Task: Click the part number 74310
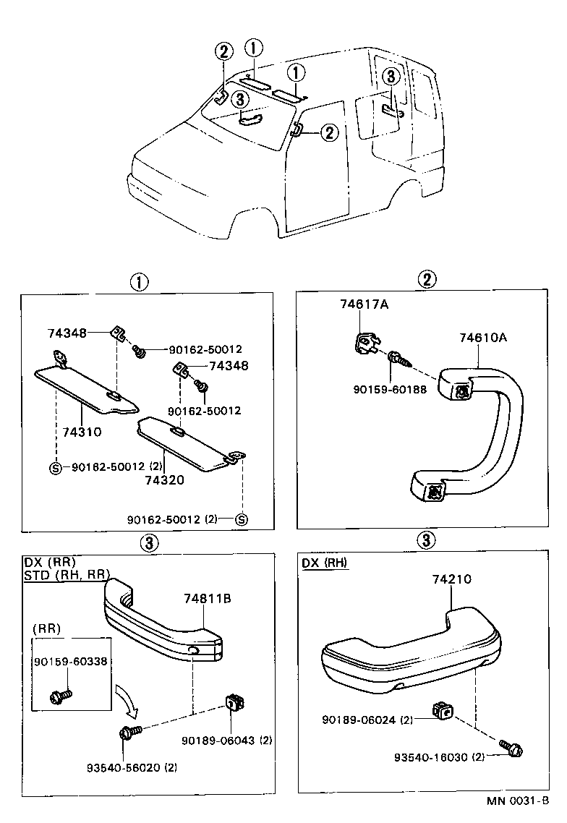click(x=80, y=432)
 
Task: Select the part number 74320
click(x=163, y=479)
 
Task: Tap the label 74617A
click(x=364, y=304)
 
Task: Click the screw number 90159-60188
click(x=391, y=390)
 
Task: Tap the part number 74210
click(x=452, y=580)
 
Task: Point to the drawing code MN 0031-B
click(x=521, y=801)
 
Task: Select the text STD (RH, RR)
click(x=67, y=575)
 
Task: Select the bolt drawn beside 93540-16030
click(x=511, y=749)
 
